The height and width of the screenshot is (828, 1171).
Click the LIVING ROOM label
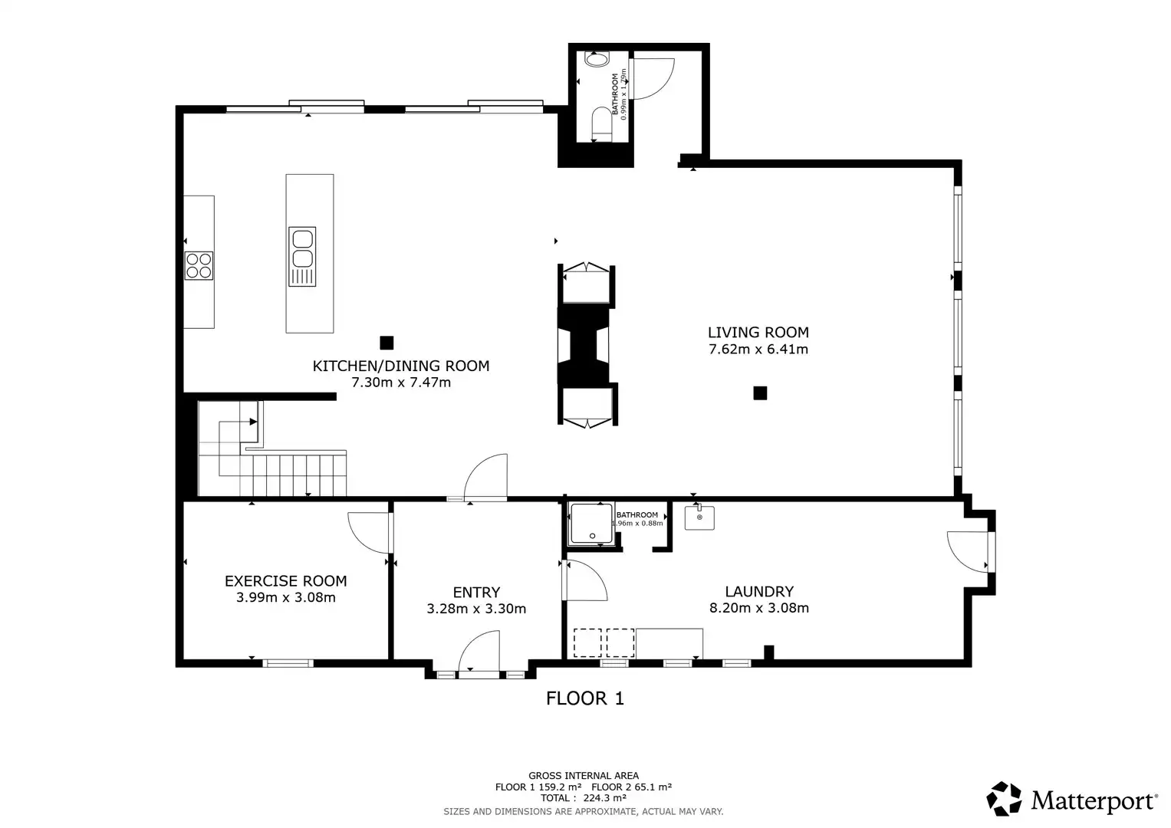point(758,332)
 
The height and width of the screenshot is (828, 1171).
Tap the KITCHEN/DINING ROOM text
point(400,366)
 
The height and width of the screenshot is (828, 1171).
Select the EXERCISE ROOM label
point(285,581)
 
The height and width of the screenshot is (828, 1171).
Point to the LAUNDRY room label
point(759,591)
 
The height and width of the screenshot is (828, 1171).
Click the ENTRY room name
point(476,592)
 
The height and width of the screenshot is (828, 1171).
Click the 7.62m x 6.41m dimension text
point(758,350)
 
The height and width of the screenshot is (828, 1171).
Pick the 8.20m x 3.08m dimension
point(759,608)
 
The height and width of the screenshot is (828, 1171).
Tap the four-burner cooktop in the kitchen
point(199,265)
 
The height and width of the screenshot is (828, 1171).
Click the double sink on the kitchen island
point(302,248)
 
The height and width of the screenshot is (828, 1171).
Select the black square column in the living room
point(760,393)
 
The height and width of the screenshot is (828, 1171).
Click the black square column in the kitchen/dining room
point(386,343)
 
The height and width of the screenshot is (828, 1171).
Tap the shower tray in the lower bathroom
point(591,524)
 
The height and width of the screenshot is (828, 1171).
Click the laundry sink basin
point(699,517)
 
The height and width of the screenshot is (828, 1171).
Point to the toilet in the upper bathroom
point(601,123)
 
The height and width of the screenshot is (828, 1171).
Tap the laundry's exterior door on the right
point(968,550)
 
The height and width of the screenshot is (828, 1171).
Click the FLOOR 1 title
point(584,698)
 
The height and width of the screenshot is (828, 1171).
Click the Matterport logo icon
point(1004,799)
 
